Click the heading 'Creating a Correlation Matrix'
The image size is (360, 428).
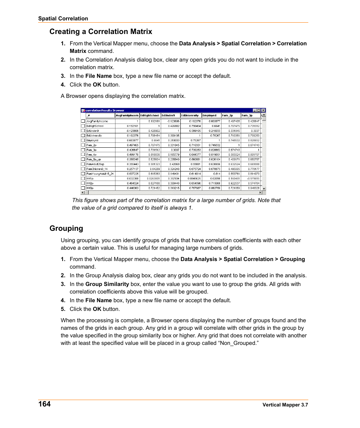[101, 32]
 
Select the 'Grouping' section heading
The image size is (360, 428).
[66, 229]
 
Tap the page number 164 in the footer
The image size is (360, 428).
[44, 404]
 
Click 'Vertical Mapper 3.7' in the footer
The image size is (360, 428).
[285, 405]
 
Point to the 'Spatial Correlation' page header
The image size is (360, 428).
[63, 19]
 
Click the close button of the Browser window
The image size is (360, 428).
[263, 111]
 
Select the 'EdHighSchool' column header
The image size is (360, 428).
[150, 116]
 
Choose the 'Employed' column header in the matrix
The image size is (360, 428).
[209, 116]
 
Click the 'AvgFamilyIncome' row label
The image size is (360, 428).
[97, 121]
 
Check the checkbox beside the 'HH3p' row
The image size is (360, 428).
[83, 188]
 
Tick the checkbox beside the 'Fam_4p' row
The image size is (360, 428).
[83, 155]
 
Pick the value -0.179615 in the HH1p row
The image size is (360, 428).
[251, 178]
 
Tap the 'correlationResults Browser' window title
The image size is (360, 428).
[105, 111]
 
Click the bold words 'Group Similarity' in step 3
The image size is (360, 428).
[107, 284]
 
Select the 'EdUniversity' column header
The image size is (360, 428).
[190, 116]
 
